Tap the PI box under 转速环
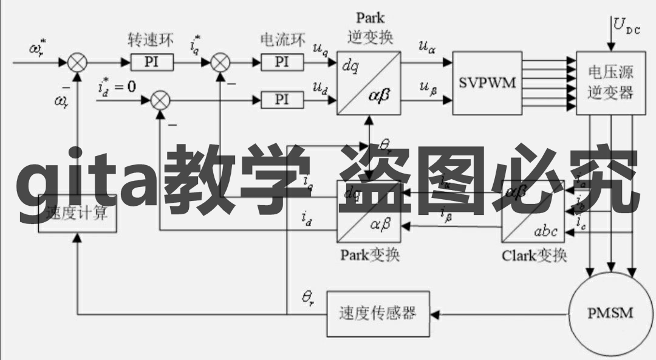[x=152, y=62]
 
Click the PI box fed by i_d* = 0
[x=281, y=100]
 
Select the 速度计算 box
[x=77, y=214]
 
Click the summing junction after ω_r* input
[x=77, y=62]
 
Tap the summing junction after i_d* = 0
[x=160, y=100]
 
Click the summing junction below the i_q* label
[x=220, y=62]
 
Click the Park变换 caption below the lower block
[x=369, y=254]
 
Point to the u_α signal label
[x=426, y=47]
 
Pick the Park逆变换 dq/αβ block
[x=369, y=83]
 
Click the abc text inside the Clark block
[x=545, y=231]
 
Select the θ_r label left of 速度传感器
[x=308, y=297]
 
